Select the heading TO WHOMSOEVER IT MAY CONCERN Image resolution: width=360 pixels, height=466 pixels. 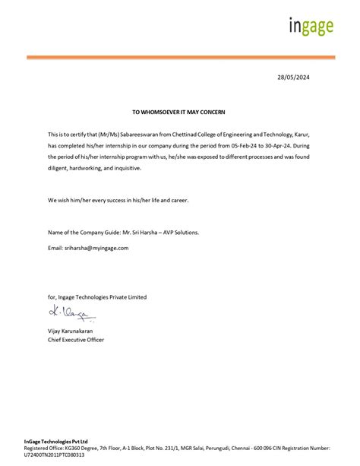coord(178,111)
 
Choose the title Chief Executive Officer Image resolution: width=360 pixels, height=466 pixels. coord(76,340)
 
